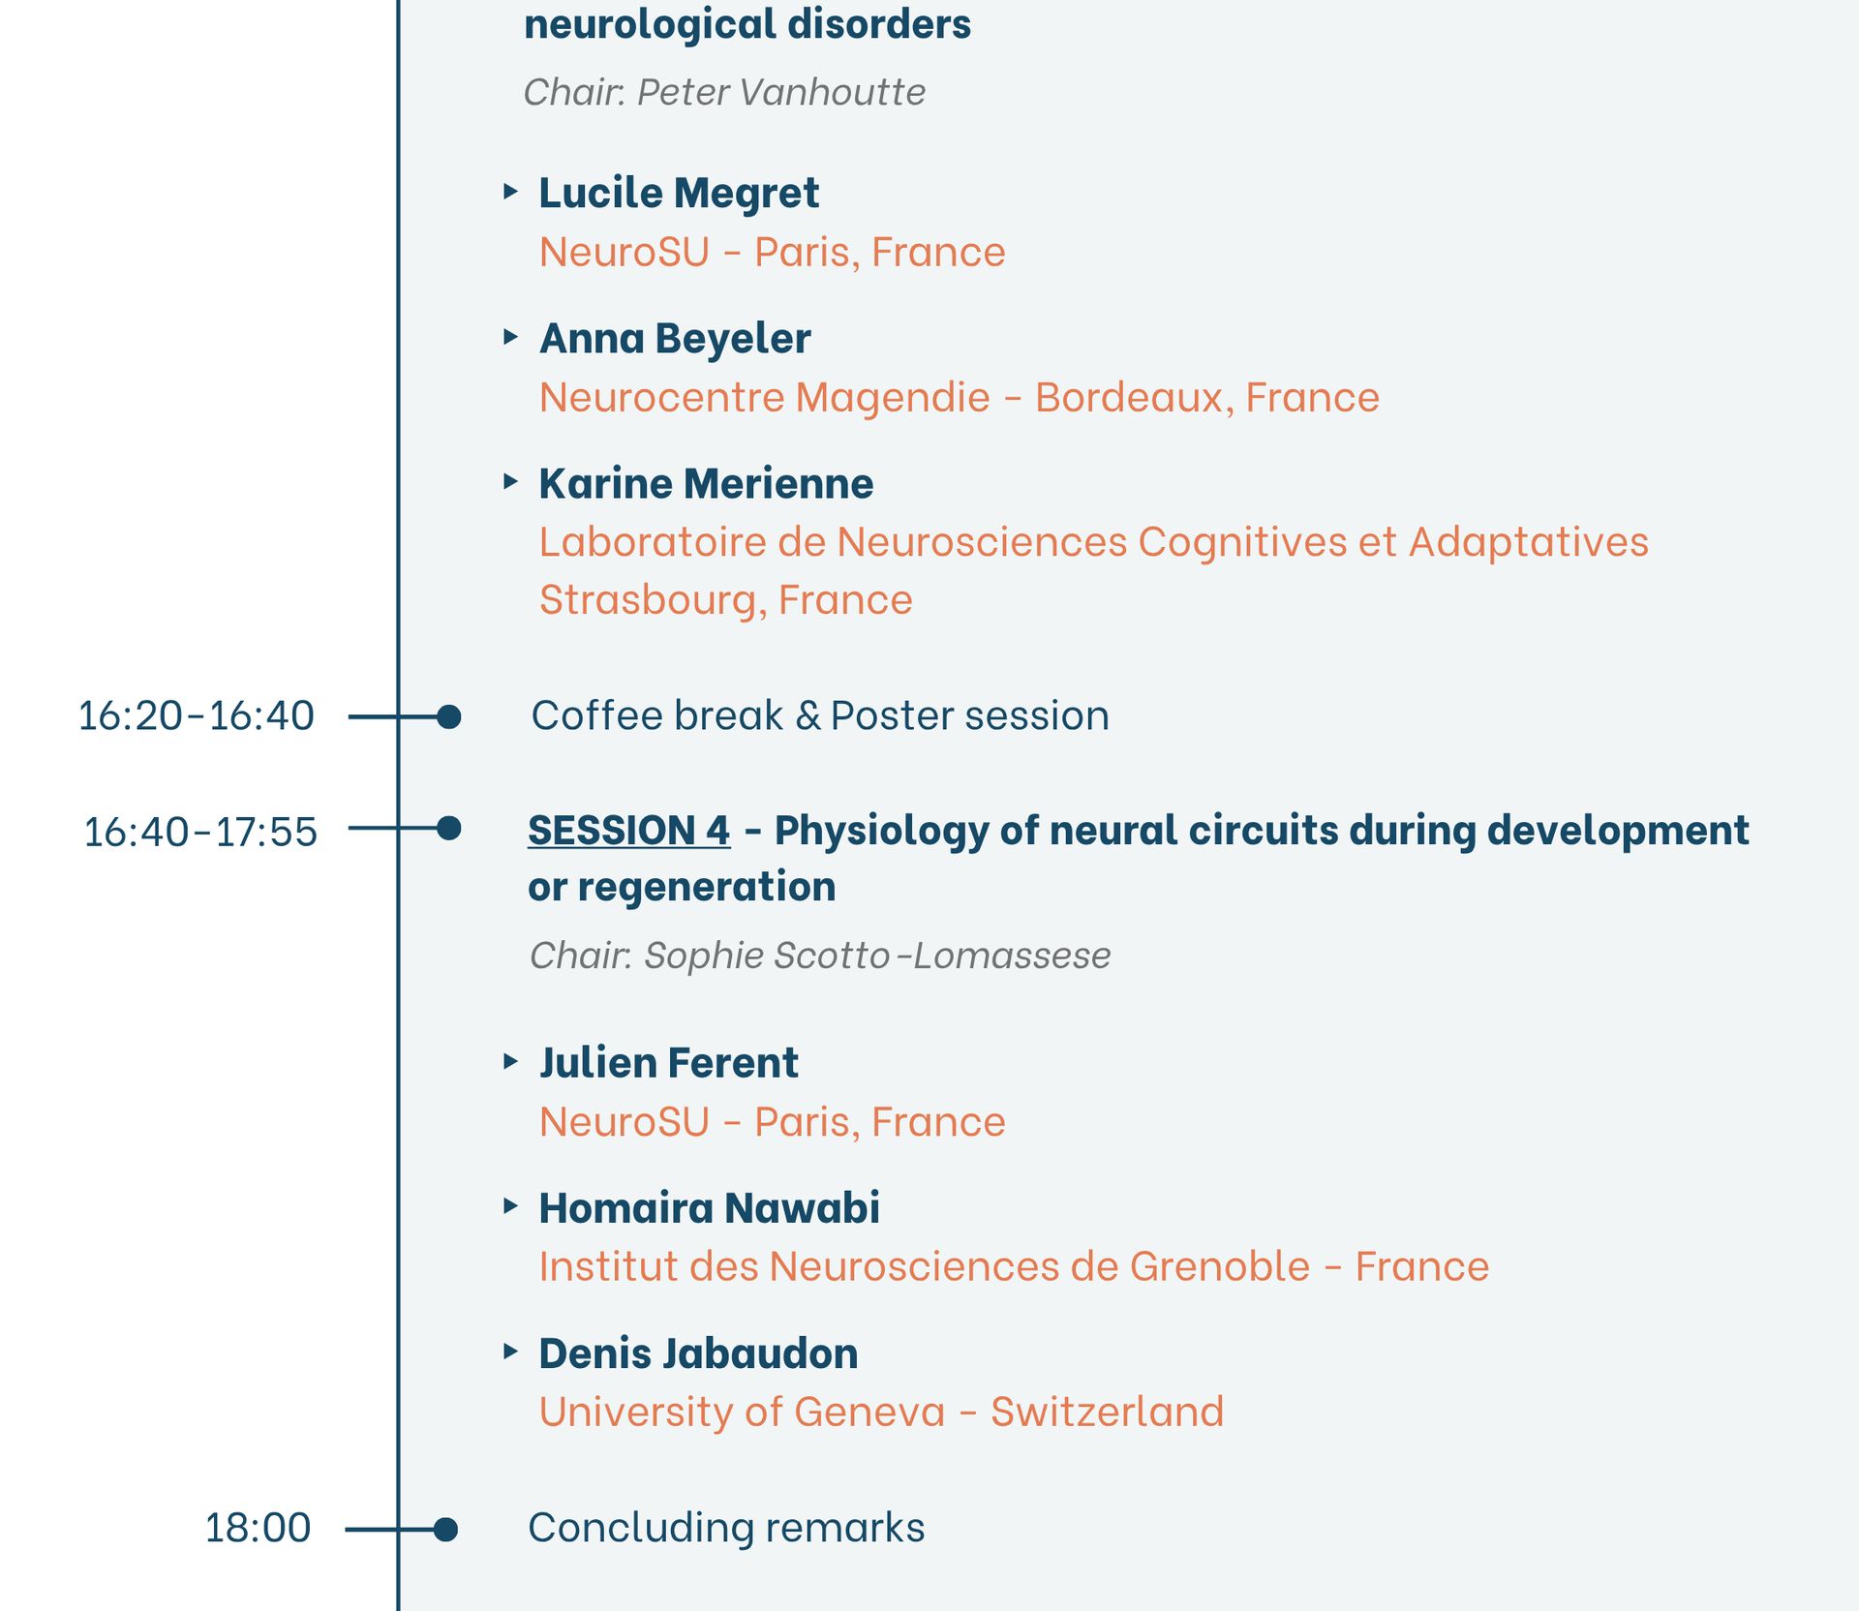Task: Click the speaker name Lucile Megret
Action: (679, 194)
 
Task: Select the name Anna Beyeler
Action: (675, 339)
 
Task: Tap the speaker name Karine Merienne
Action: (706, 483)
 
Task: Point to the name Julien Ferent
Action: (668, 1063)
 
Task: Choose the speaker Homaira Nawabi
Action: (709, 1208)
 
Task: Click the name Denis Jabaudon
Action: (698, 1353)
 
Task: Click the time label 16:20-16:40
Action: (196, 716)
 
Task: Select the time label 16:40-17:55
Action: (200, 832)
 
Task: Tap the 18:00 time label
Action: (258, 1528)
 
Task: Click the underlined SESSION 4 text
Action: (629, 831)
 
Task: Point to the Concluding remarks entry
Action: (726, 1528)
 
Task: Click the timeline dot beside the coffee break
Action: (448, 716)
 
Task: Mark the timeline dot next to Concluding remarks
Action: (445, 1530)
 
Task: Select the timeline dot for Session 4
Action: (448, 828)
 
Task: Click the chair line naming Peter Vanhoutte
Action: (724, 92)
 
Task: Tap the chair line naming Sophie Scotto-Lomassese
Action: (820, 956)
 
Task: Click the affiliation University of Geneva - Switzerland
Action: (881, 1412)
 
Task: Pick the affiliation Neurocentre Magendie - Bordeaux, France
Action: (960, 397)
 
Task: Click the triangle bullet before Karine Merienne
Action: (510, 481)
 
